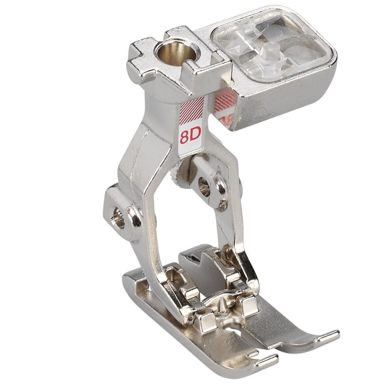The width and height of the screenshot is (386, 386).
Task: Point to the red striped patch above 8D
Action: [192, 111]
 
